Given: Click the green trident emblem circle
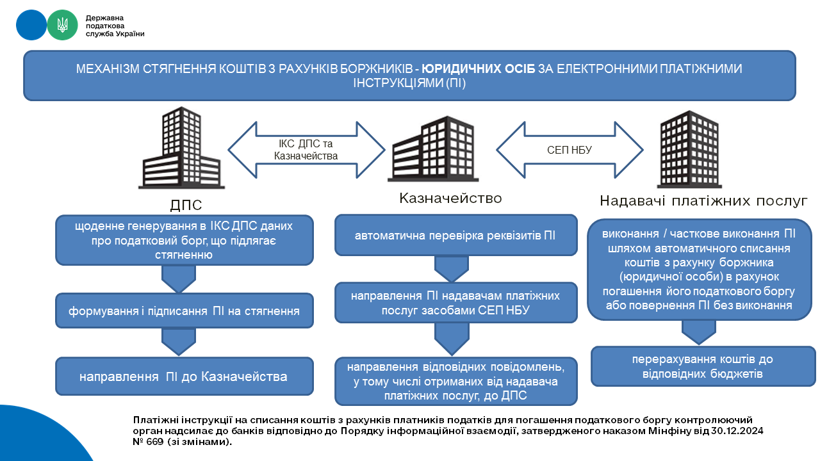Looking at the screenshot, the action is pyautogui.click(x=62, y=25).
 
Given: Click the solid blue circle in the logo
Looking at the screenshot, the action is pyautogui.click(x=31, y=25).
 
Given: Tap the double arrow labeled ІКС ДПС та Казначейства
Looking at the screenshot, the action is pyautogui.click(x=306, y=150).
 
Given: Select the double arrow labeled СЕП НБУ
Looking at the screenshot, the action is pyautogui.click(x=570, y=150).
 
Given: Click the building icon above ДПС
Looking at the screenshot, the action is pyautogui.click(x=181, y=148).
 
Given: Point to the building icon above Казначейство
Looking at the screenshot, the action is pyautogui.click(x=433, y=149).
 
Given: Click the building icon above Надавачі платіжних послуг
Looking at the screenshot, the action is pyautogui.click(x=690, y=149).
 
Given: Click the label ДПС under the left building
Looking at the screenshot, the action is pyautogui.click(x=186, y=205).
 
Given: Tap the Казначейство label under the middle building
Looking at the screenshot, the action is pyautogui.click(x=450, y=198).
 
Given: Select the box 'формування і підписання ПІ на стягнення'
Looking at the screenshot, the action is pyautogui.click(x=184, y=311).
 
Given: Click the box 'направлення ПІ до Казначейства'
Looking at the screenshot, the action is pyautogui.click(x=184, y=376).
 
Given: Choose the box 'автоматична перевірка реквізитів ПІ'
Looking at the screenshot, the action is pyautogui.click(x=455, y=235).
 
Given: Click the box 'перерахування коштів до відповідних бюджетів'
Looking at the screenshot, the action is pyautogui.click(x=703, y=366).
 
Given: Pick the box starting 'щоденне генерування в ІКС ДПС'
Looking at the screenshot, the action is pyautogui.click(x=184, y=240).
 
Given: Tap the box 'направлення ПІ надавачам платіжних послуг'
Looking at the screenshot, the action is pyautogui.click(x=455, y=303).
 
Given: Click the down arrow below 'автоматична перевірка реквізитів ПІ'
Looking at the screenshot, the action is pyautogui.click(x=452, y=269).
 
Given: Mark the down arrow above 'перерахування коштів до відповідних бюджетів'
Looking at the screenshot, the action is pyautogui.click(x=698, y=332).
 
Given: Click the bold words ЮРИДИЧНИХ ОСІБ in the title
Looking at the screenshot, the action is pyautogui.click(x=478, y=69).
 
